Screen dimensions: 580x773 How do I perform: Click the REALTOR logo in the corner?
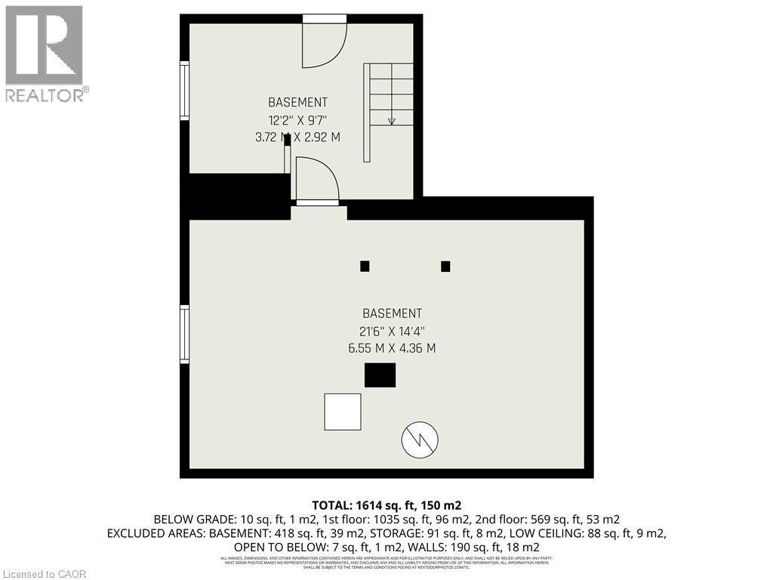tap(45, 53)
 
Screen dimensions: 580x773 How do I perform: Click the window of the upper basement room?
tap(184, 90)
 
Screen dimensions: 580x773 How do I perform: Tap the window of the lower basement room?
tap(184, 334)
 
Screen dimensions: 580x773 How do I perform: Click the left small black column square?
tap(365, 266)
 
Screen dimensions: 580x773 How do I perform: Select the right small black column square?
tap(445, 266)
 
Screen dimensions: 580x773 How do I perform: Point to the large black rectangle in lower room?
tap(380, 375)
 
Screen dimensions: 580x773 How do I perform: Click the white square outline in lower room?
tap(343, 412)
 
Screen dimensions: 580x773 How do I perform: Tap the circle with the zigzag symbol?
tap(420, 439)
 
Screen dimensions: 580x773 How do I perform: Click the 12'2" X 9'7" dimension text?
tap(298, 119)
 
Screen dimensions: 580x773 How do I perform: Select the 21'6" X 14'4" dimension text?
tap(392, 331)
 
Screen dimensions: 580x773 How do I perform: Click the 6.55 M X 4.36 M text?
tap(392, 348)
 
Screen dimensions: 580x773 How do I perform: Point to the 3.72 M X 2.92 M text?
tap(298, 137)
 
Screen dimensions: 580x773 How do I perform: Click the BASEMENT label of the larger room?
tap(392, 313)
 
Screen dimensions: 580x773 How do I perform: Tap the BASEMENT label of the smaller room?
tap(298, 102)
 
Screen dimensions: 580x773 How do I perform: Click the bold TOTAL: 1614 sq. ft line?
tap(386, 504)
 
